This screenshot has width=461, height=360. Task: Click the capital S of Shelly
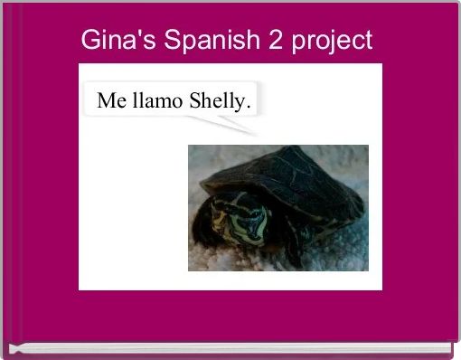click(x=194, y=101)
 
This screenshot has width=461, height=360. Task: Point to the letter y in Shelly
click(x=240, y=104)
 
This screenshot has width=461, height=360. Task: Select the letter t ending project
click(x=367, y=42)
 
